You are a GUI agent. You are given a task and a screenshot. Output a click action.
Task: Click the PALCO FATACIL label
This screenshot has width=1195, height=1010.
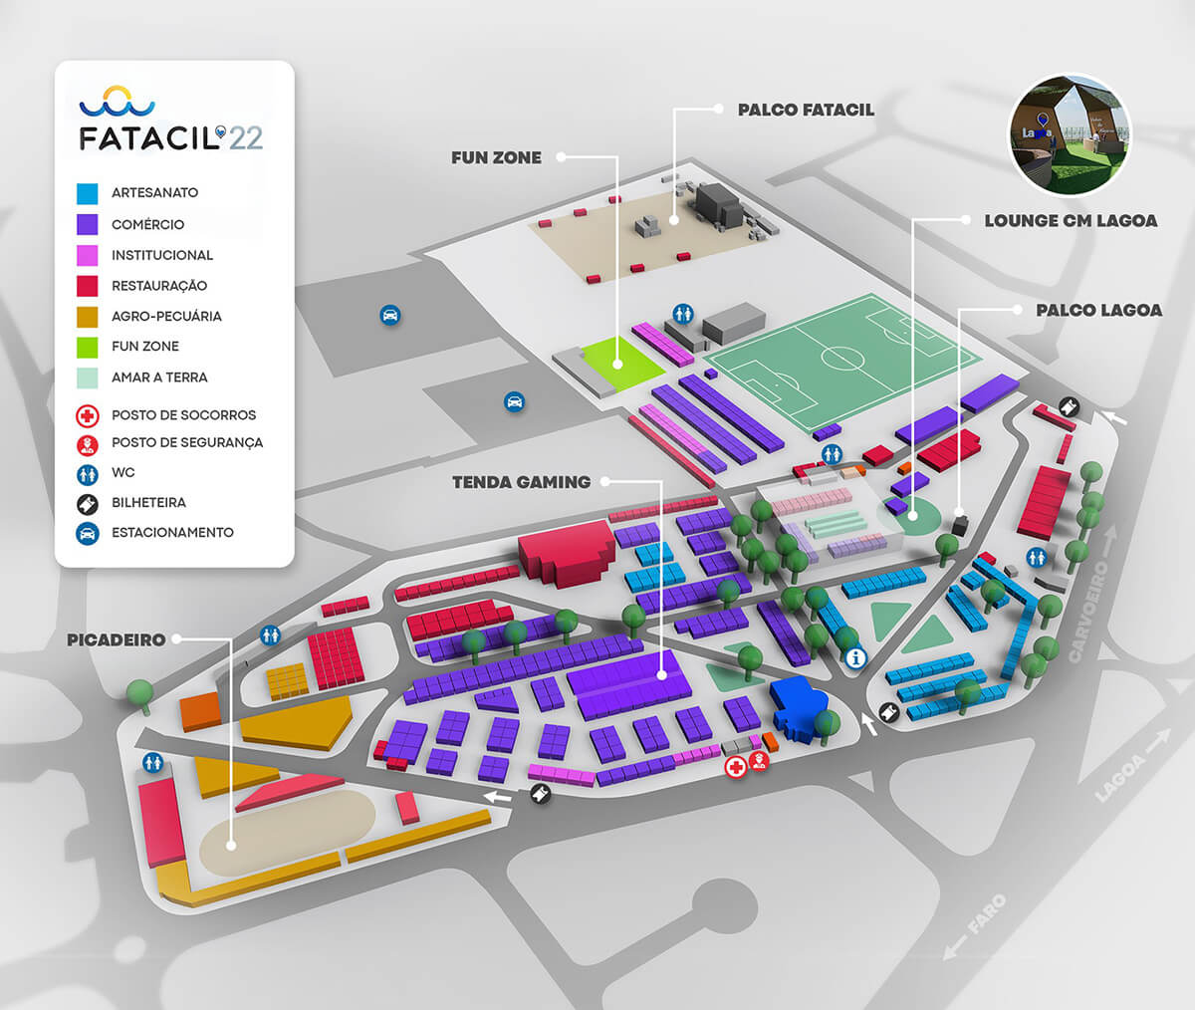(x=806, y=110)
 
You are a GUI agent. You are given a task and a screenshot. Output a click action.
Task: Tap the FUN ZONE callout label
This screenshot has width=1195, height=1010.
(x=496, y=157)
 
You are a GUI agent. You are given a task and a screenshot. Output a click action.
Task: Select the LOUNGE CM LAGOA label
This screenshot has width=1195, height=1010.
(x=1071, y=220)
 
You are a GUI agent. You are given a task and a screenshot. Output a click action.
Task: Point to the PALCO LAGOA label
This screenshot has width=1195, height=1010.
(x=1098, y=311)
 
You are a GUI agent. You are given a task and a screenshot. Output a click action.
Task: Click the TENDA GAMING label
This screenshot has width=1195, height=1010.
(x=521, y=482)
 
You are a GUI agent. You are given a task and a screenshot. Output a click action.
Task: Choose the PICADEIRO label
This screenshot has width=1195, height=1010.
(x=116, y=639)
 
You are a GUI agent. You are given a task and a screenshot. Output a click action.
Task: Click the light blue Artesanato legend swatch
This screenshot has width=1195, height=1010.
(x=88, y=193)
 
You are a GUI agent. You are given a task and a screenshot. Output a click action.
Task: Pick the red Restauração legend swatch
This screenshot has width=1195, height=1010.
(x=88, y=286)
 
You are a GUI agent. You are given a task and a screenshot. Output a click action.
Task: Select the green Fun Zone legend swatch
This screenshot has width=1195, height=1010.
(x=88, y=347)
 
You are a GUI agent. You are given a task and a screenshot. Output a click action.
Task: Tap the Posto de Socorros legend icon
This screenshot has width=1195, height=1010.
(x=89, y=415)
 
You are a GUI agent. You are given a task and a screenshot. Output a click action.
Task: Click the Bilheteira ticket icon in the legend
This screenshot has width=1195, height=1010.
(x=89, y=503)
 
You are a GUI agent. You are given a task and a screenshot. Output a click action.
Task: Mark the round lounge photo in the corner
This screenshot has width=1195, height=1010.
(x=1071, y=133)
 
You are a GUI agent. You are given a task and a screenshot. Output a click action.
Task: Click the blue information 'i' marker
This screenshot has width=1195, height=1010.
(x=854, y=658)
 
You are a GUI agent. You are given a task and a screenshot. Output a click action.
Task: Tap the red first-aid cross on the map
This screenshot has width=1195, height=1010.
(x=736, y=767)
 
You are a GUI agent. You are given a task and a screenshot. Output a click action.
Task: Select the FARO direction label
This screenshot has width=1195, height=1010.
(x=986, y=916)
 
